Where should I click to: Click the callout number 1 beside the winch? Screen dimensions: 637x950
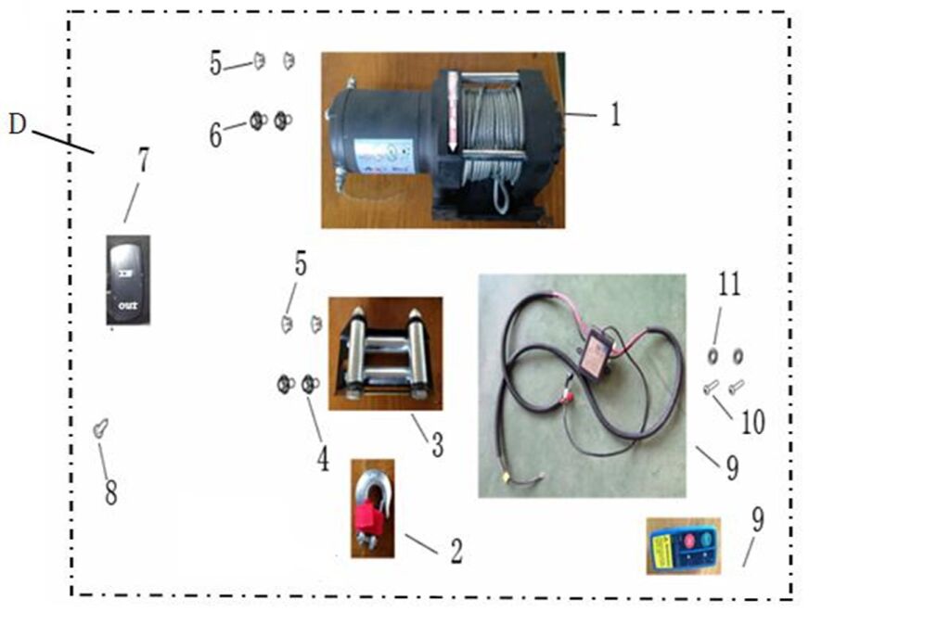[x=614, y=115]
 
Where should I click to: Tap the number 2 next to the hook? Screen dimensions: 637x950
[x=456, y=551]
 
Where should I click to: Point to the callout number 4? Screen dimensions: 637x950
[x=322, y=458]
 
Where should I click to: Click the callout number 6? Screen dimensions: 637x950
[x=215, y=136]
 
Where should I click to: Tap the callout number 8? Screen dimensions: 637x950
[x=110, y=492]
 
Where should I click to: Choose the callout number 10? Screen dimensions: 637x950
[x=752, y=422]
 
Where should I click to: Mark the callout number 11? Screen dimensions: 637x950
[x=729, y=284]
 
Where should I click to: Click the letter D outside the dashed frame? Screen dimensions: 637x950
[x=17, y=124]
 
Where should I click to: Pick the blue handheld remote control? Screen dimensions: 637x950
[x=683, y=545]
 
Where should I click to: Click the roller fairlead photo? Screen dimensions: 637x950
[x=384, y=353]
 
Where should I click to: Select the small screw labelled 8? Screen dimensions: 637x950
[x=100, y=428]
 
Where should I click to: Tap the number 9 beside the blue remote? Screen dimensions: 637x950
[x=758, y=520]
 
